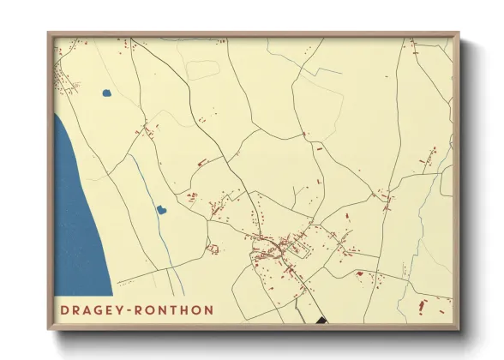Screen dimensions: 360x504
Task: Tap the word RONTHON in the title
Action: click(x=175, y=309)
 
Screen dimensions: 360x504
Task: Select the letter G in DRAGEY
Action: click(x=100, y=309)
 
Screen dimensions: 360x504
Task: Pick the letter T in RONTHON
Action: click(x=175, y=309)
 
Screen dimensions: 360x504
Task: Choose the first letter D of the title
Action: click(x=64, y=309)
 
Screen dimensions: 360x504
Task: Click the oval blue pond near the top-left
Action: click(x=106, y=93)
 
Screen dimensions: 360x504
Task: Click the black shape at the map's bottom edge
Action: click(x=321, y=321)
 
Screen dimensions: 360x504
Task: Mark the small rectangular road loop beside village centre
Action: click(x=299, y=251)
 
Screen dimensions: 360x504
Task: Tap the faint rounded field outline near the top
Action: click(x=203, y=69)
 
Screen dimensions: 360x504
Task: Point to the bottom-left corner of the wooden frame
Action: click(x=50, y=328)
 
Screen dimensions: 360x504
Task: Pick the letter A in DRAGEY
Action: click(x=88, y=309)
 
